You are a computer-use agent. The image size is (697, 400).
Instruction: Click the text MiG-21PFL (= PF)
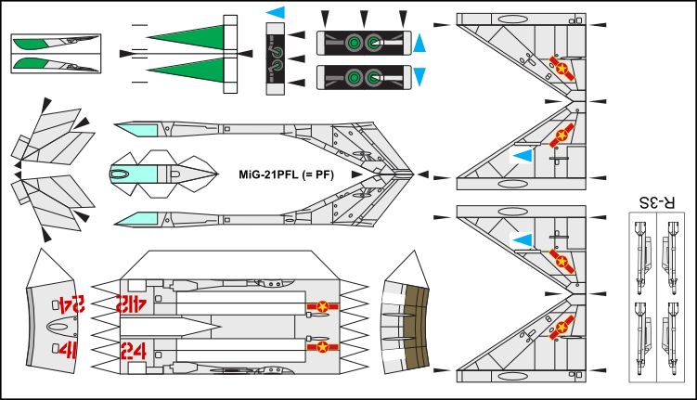coord(286,174)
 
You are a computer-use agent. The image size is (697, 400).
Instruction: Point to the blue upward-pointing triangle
coord(419,43)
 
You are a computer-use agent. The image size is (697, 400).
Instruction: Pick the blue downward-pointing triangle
coord(419,75)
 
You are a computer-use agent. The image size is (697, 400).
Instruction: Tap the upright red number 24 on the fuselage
coord(132,349)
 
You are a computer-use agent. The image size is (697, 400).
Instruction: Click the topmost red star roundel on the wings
coord(560,65)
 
